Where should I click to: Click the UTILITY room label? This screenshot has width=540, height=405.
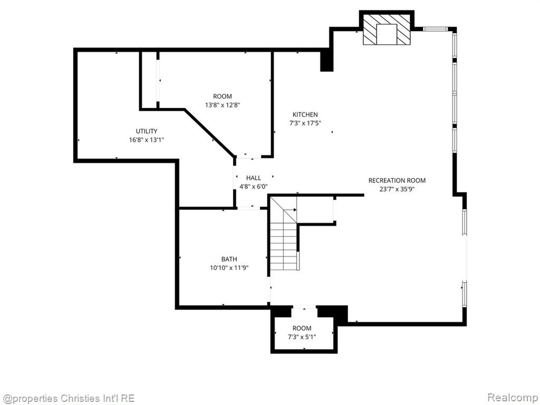click(147, 131)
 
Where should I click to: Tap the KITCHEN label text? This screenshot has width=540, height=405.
click(305, 114)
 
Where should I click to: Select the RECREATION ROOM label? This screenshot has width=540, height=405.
click(397, 180)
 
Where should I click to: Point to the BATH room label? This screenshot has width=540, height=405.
click(229, 259)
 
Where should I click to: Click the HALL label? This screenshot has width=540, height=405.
click(254, 178)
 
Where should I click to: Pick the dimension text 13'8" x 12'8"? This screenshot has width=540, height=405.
click(223, 105)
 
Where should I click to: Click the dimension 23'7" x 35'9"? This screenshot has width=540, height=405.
click(397, 189)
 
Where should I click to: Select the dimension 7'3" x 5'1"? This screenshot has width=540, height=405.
click(302, 337)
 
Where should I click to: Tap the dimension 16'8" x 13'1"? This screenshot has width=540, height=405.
click(147, 140)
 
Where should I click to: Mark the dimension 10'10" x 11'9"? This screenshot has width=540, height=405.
click(229, 267)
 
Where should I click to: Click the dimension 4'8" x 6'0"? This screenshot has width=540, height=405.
click(254, 187)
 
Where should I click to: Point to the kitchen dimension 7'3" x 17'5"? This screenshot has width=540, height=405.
click(305, 123)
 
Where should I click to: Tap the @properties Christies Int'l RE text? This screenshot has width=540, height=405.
click(68, 399)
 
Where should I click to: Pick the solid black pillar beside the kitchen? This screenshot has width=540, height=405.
click(326, 60)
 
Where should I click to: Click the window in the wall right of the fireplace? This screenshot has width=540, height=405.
click(435, 29)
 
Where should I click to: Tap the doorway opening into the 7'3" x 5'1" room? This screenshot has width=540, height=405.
click(304, 307)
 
